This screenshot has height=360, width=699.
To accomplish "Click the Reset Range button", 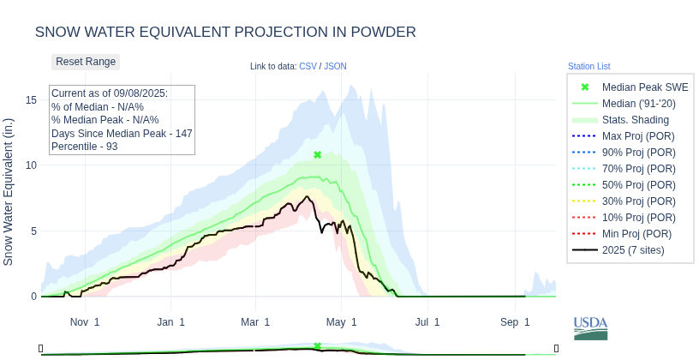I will click(86, 62).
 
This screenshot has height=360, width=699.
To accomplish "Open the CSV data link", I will click(308, 66).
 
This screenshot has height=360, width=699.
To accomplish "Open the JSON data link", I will click(335, 66).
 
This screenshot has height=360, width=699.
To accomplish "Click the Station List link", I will click(588, 66).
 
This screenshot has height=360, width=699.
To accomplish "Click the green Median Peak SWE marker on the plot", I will click(318, 155).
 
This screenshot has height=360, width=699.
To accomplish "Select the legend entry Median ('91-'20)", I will click(638, 104).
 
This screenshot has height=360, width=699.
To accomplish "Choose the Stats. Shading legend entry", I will click(635, 120).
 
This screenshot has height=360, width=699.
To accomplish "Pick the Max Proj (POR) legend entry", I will click(637, 136).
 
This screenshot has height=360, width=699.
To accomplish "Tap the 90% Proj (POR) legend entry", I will click(637, 153).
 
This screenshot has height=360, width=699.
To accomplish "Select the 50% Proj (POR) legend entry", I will click(637, 185).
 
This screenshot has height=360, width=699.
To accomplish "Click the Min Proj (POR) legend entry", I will click(636, 234).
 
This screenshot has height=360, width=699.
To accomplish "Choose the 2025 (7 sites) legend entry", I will click(633, 250).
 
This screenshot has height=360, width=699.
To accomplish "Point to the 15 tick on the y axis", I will click(32, 100).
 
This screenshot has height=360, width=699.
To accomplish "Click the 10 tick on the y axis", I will click(32, 165).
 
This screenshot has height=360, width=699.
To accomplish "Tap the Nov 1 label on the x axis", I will click(85, 322).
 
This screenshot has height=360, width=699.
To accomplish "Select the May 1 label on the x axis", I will click(342, 322).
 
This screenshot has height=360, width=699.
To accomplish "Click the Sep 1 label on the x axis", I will click(515, 322).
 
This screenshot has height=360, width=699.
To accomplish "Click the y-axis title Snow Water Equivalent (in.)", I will click(9, 191).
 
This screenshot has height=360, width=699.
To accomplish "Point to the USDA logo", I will click(590, 327).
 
